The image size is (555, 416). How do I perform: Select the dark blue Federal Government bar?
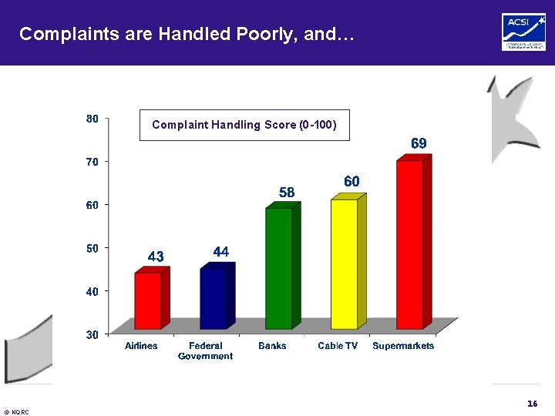pos(213,297)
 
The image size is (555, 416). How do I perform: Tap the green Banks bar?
pos(278,267)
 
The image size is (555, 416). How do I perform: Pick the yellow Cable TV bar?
pos(344,263)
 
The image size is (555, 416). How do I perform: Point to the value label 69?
pos(419,143)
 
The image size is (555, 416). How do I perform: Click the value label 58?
pos(286,193)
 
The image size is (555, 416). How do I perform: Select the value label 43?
pos(155,257)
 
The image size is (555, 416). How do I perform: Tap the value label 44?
pos(220,252)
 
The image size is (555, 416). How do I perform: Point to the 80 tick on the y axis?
pos(92,119)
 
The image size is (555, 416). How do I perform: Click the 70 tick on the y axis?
pos(92,162)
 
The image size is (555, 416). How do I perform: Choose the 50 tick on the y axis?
pos(92,248)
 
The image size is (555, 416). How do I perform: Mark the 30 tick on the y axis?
pos(92,334)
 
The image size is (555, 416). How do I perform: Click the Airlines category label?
pos(141,346)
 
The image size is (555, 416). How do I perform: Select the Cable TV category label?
pos(338,346)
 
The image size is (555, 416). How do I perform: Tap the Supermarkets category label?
pos(403,346)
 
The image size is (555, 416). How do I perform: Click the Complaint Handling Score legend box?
pos(244,125)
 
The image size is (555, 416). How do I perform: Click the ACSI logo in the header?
pos(523,32)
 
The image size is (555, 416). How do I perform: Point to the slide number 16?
pos(532,404)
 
